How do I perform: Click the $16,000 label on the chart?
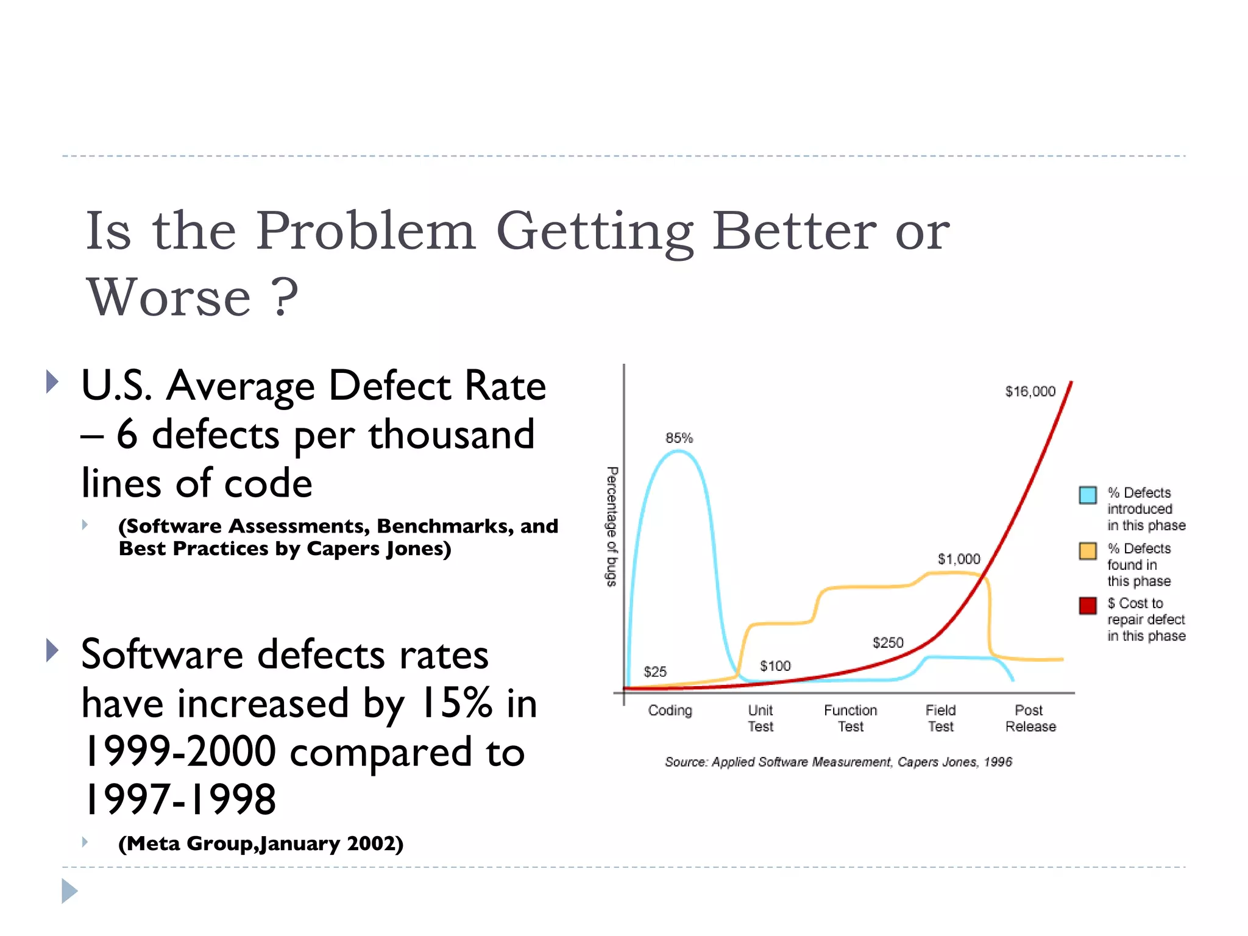click(x=1030, y=391)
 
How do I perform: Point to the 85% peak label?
click(x=679, y=438)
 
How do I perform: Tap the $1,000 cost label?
click(x=959, y=559)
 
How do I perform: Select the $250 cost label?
click(x=888, y=642)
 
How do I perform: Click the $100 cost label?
click(x=775, y=666)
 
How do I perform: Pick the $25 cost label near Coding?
click(x=655, y=672)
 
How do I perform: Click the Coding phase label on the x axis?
click(x=670, y=711)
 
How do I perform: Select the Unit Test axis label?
click(x=760, y=718)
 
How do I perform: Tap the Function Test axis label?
click(x=850, y=718)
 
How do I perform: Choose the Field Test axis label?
click(x=940, y=718)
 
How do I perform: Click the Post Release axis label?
click(x=1030, y=718)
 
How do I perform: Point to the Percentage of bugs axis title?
click(x=612, y=526)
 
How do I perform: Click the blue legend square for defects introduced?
click(x=1088, y=495)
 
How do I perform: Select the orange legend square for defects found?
click(x=1088, y=551)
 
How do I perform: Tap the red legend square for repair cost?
click(x=1088, y=606)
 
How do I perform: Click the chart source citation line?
click(x=838, y=762)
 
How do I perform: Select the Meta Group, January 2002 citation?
click(x=261, y=843)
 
